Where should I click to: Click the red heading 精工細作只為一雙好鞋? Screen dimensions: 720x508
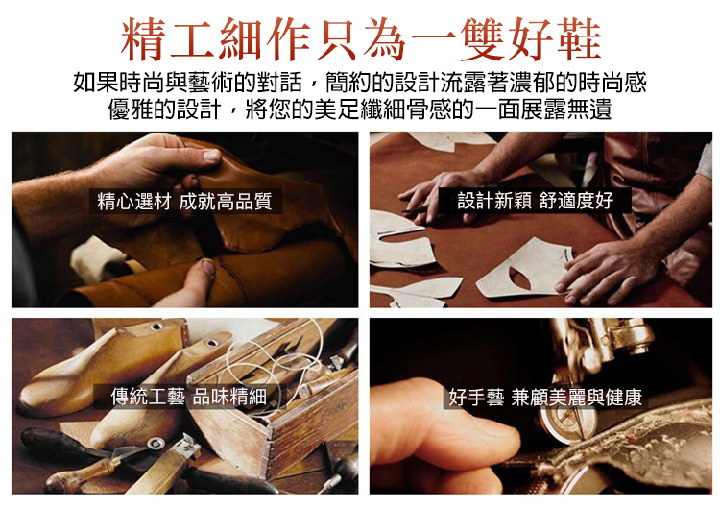point(361,39)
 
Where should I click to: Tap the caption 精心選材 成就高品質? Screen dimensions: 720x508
point(184,201)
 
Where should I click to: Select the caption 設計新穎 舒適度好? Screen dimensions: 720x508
point(536,201)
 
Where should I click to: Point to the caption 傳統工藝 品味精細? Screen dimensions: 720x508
point(189,397)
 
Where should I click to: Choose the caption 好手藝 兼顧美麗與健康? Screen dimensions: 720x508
point(545,397)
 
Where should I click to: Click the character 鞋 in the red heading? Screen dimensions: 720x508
point(579,39)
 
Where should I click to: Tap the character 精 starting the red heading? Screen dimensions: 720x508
point(143,39)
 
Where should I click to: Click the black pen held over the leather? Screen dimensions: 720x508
point(419,210)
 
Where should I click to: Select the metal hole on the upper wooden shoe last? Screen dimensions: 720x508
point(156,327)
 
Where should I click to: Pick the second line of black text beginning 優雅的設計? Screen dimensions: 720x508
point(360,109)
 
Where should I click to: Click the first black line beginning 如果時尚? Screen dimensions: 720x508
point(360,83)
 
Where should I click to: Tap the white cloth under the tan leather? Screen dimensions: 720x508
point(95,258)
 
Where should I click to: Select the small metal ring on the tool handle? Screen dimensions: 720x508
point(156,444)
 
